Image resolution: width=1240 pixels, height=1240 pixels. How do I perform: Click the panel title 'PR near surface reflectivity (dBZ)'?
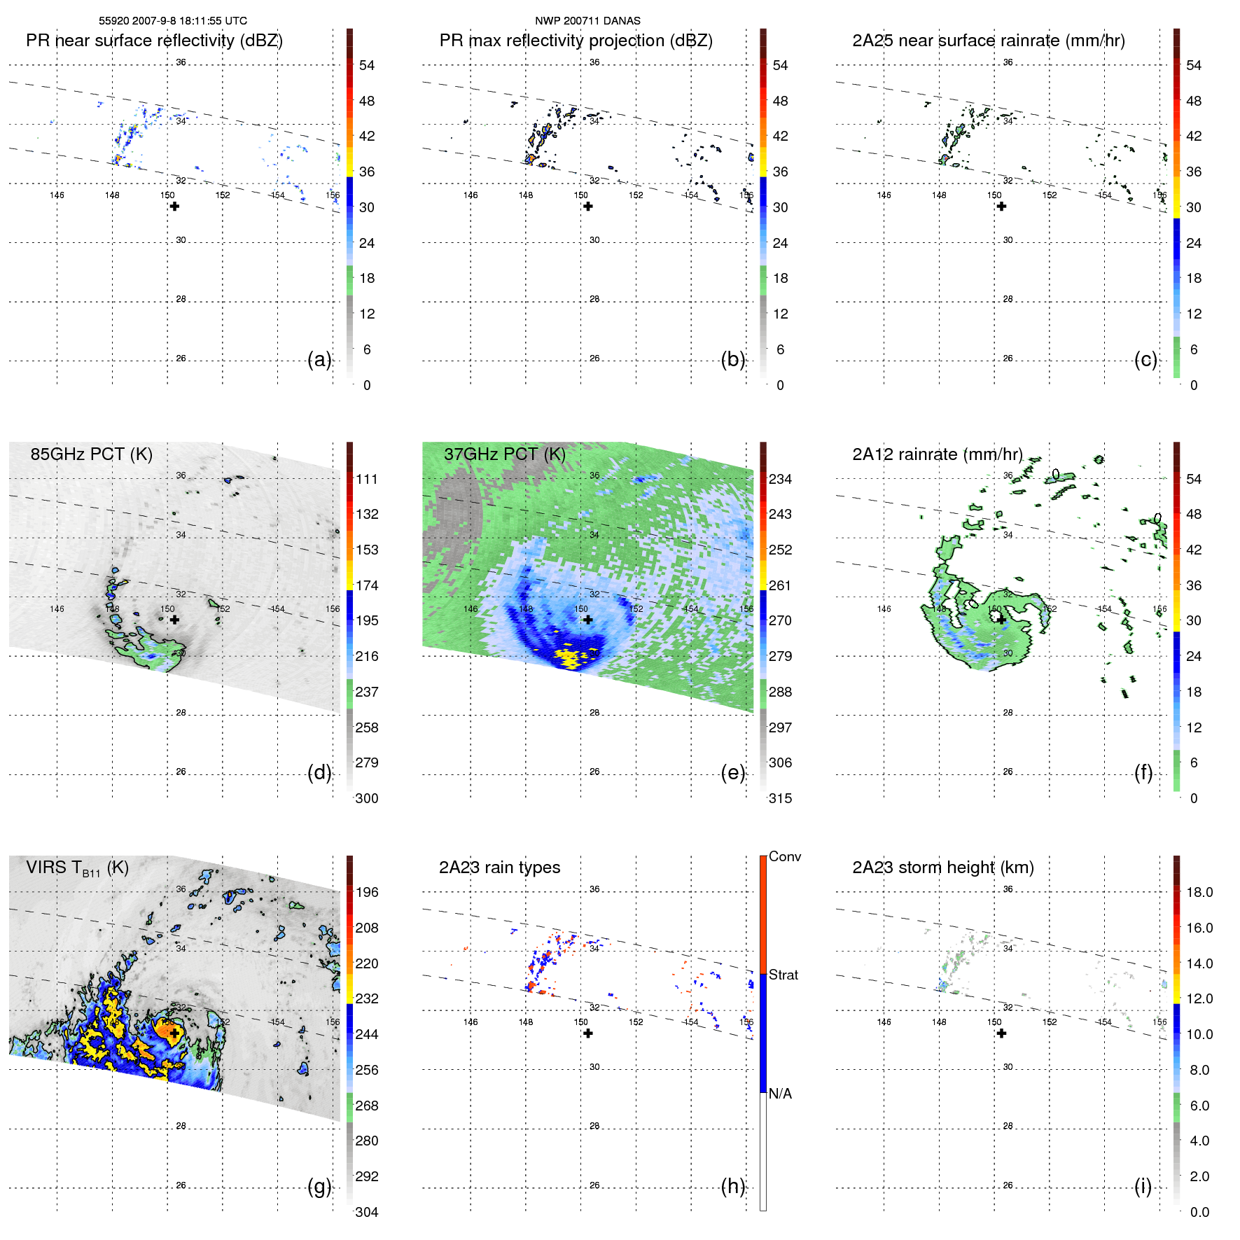point(154,41)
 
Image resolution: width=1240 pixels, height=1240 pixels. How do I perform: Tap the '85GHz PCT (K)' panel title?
point(91,454)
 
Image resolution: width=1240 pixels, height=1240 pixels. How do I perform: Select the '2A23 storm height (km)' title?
point(942,868)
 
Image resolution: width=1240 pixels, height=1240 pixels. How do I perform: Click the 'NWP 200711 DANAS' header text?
point(587,21)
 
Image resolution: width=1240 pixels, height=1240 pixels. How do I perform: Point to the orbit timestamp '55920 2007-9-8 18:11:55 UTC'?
point(172,21)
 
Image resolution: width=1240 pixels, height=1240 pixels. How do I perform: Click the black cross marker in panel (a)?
point(174,206)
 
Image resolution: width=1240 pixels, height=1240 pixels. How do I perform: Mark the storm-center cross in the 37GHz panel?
point(588,620)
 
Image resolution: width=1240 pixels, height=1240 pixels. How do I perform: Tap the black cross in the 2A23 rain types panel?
point(588,1033)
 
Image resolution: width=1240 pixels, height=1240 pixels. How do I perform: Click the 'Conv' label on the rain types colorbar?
point(784,856)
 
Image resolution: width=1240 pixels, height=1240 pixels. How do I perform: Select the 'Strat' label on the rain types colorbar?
point(783,975)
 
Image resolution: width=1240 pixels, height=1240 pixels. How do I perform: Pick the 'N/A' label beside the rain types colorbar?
point(780,1094)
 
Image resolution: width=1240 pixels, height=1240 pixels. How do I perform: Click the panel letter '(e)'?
point(732,772)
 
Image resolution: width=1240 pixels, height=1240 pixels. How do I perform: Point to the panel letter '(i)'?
point(1143,1186)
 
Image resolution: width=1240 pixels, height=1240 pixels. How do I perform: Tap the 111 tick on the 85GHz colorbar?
point(366,479)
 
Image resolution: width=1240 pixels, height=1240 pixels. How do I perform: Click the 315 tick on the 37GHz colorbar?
point(780,798)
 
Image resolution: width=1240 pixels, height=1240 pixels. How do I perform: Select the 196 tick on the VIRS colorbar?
point(366,892)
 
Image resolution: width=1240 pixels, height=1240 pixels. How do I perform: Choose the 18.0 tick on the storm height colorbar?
point(1199,892)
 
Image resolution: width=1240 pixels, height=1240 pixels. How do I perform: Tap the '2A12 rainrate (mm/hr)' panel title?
point(937,454)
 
